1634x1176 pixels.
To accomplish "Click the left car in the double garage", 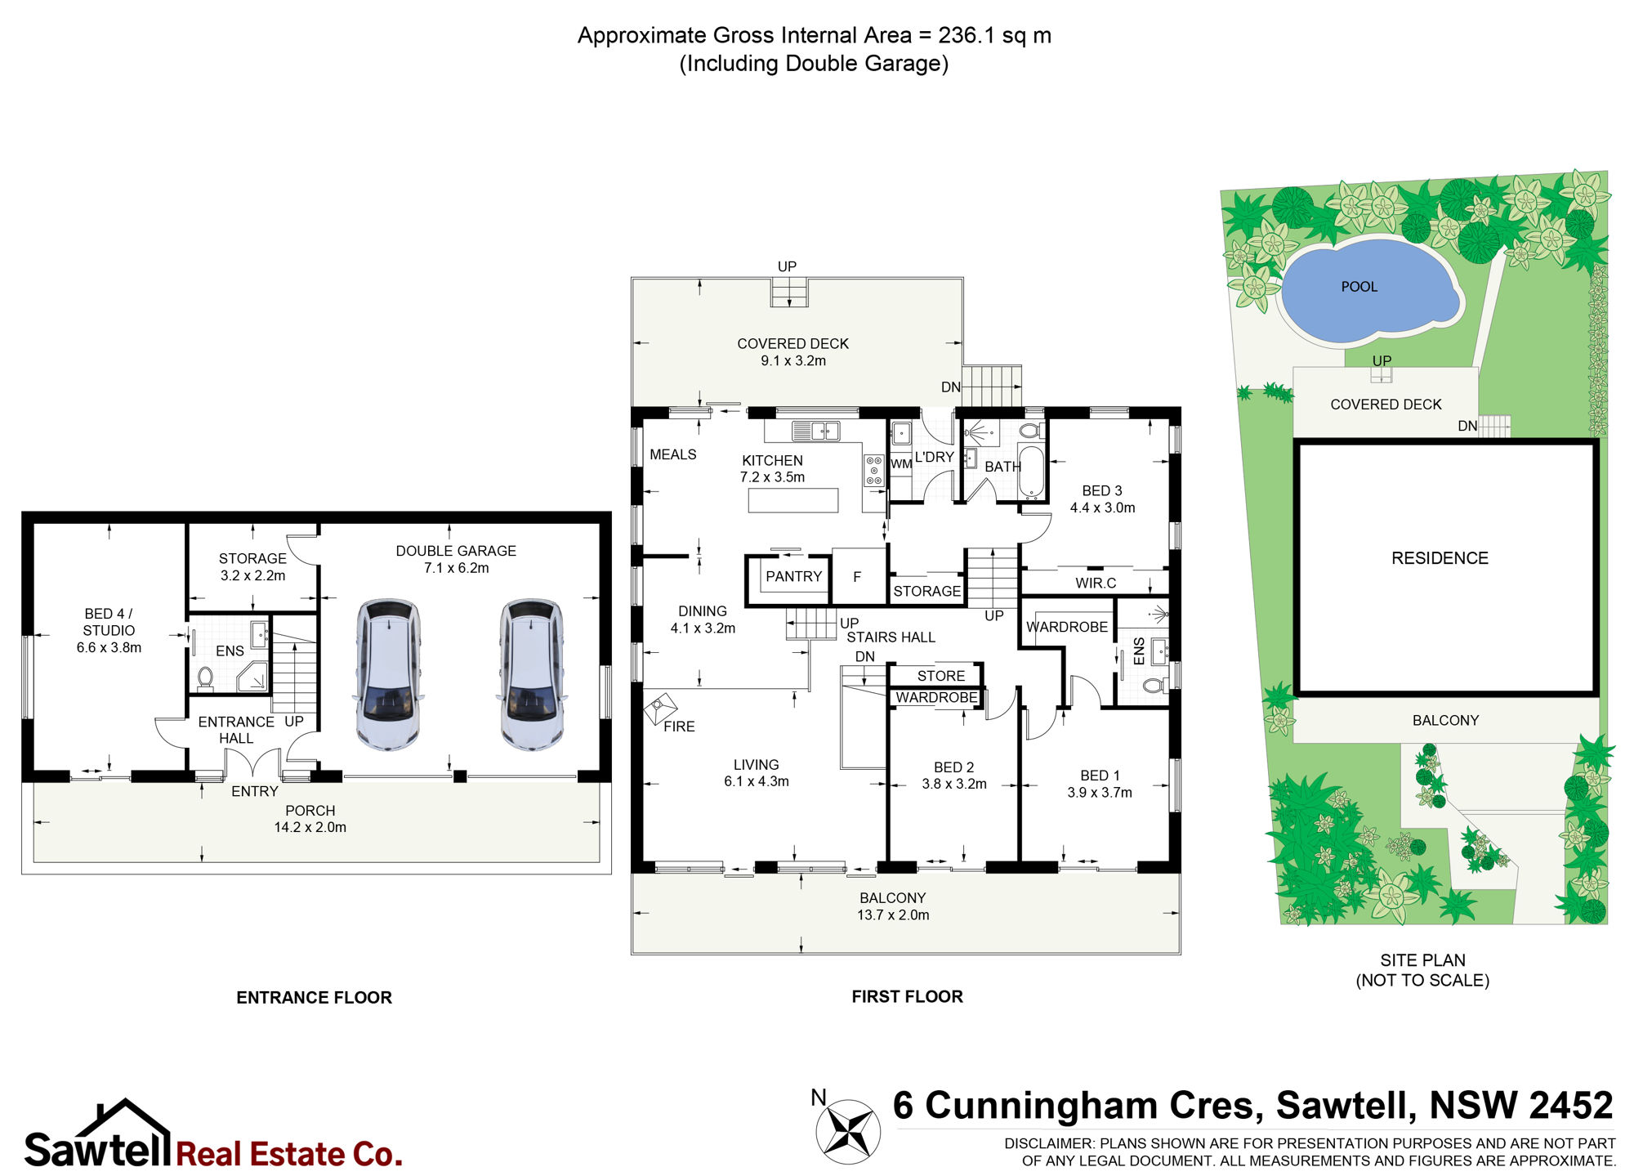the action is [x=388, y=675].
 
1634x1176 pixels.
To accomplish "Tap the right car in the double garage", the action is [x=531, y=675].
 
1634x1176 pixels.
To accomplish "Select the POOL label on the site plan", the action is [x=1359, y=287].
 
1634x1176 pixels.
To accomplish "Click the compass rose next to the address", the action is [x=848, y=1131].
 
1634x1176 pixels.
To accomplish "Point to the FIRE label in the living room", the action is [x=679, y=727].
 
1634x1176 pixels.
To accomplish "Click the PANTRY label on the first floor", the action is [x=793, y=576].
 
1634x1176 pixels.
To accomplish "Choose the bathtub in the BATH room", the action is [x=1031, y=472].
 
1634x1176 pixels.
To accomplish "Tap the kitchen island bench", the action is [x=793, y=500].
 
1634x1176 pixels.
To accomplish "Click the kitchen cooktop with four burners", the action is [x=874, y=471].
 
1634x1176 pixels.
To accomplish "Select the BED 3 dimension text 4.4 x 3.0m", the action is [x=1102, y=508].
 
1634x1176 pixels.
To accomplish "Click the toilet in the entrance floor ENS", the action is [x=205, y=679].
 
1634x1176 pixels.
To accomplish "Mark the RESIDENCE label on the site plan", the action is [x=1440, y=558].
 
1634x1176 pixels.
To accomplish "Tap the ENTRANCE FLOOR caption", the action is [x=314, y=997].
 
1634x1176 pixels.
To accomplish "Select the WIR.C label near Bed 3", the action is [x=1096, y=583].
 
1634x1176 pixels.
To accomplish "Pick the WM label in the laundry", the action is [x=901, y=464].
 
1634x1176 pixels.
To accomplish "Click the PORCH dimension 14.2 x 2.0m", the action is [x=310, y=827].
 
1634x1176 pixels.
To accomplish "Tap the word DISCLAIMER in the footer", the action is [x=1049, y=1143].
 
